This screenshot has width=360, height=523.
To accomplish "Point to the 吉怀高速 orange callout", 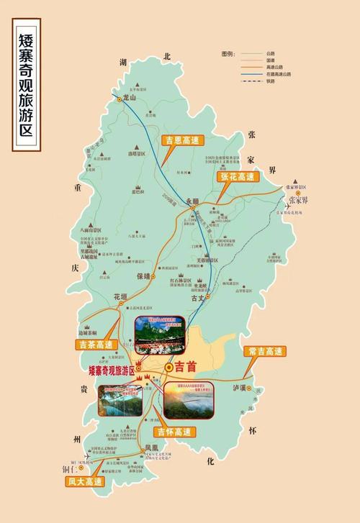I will pyautogui.click(x=174, y=432).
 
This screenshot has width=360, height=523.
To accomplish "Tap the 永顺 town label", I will pyautogui.click(x=191, y=203).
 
